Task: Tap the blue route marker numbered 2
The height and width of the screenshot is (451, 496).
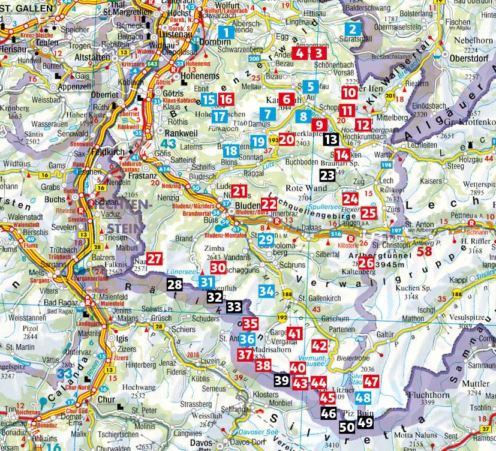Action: tap(353, 29)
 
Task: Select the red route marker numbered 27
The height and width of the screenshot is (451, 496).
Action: tap(155, 259)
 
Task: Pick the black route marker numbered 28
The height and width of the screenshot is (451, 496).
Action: tap(175, 285)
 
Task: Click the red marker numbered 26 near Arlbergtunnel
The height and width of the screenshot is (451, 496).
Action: tap(367, 262)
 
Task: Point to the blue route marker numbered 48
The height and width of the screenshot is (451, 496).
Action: tap(363, 397)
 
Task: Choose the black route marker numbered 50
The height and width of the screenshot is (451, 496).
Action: tap(347, 427)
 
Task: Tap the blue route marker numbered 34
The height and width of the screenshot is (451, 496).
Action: tap(267, 291)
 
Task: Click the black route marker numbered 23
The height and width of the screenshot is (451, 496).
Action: tap(327, 175)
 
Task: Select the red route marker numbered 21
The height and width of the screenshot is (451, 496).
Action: tap(240, 191)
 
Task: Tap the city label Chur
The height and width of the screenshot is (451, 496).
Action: tap(106, 398)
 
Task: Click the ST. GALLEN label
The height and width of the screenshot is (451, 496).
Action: tap(22, 5)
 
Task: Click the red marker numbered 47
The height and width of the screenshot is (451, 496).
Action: tap(371, 381)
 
